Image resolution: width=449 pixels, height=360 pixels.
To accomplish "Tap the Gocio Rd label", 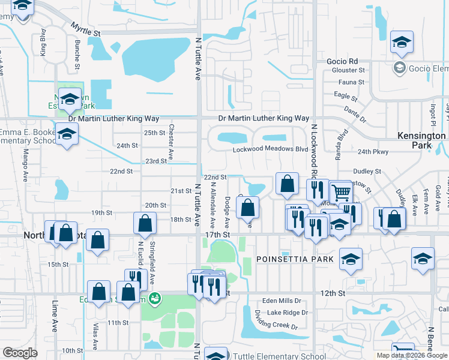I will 342,61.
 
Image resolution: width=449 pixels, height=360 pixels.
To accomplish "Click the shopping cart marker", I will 340,193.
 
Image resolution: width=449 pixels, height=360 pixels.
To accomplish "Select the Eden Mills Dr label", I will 285,301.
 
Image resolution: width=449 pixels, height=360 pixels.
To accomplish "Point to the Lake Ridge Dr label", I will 288,313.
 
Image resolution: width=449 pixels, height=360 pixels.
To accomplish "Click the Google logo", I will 20,352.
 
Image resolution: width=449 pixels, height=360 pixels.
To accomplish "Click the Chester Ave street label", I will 171,141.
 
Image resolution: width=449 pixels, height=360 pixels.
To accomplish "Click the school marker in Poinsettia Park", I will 351,259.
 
